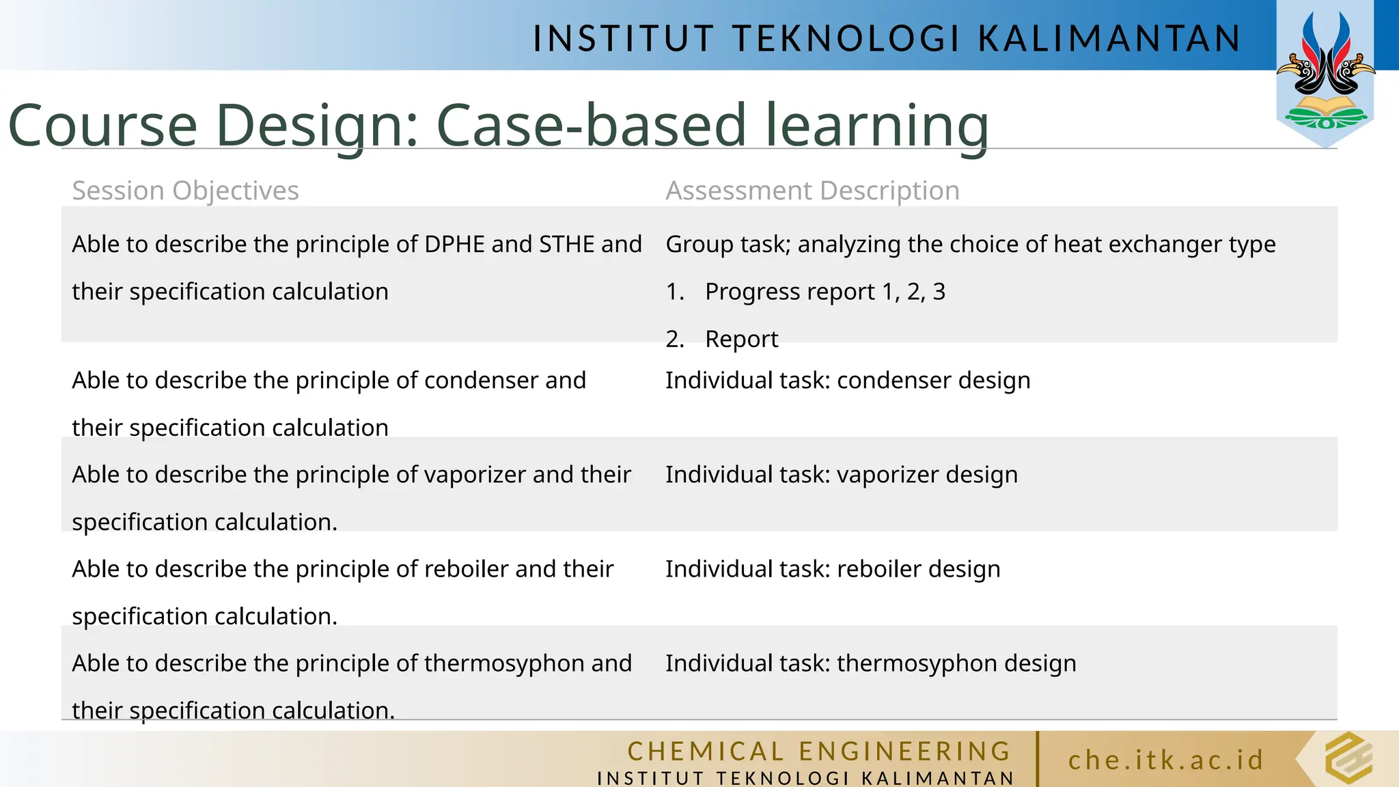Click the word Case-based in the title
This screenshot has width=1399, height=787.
(591, 125)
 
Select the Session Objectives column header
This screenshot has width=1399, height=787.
(185, 191)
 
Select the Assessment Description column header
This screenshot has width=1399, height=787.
(812, 191)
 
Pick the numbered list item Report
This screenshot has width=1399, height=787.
(741, 339)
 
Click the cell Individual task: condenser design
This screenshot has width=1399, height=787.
(847, 381)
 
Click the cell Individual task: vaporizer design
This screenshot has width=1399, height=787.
(841, 475)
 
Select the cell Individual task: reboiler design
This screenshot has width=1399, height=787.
(832, 569)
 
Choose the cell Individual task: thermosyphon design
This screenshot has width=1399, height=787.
(870, 663)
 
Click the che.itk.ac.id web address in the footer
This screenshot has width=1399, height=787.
(1166, 760)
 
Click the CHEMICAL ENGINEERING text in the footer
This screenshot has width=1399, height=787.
(818, 751)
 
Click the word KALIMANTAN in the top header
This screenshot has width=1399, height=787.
(1109, 38)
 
